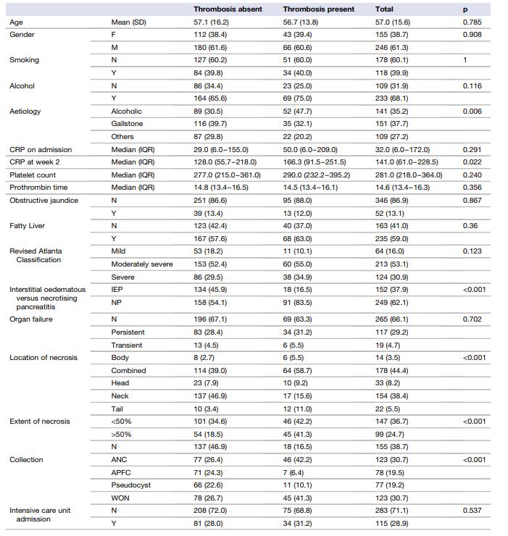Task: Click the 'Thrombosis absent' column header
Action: pyautogui.click(x=228, y=9)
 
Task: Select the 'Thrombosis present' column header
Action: pyautogui.click(x=319, y=9)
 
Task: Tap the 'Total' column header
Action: pyautogui.click(x=384, y=9)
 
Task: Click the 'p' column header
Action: pyautogui.click(x=465, y=9)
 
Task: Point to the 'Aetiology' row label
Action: pyautogui.click(x=25, y=112)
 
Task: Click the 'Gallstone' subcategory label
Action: pyautogui.click(x=127, y=124)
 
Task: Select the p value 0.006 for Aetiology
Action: pyautogui.click(x=472, y=112)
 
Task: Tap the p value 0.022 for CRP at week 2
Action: pyautogui.click(x=472, y=162)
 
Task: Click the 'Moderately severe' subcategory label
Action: pyautogui.click(x=142, y=264)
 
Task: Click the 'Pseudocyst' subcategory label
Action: pyautogui.click(x=130, y=485)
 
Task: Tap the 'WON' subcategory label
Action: pyautogui.click(x=120, y=498)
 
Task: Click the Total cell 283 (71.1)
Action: pyautogui.click(x=391, y=510)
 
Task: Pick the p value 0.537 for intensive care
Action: pyautogui.click(x=472, y=510)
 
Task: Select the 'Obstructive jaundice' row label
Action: pyautogui.click(x=43, y=200)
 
